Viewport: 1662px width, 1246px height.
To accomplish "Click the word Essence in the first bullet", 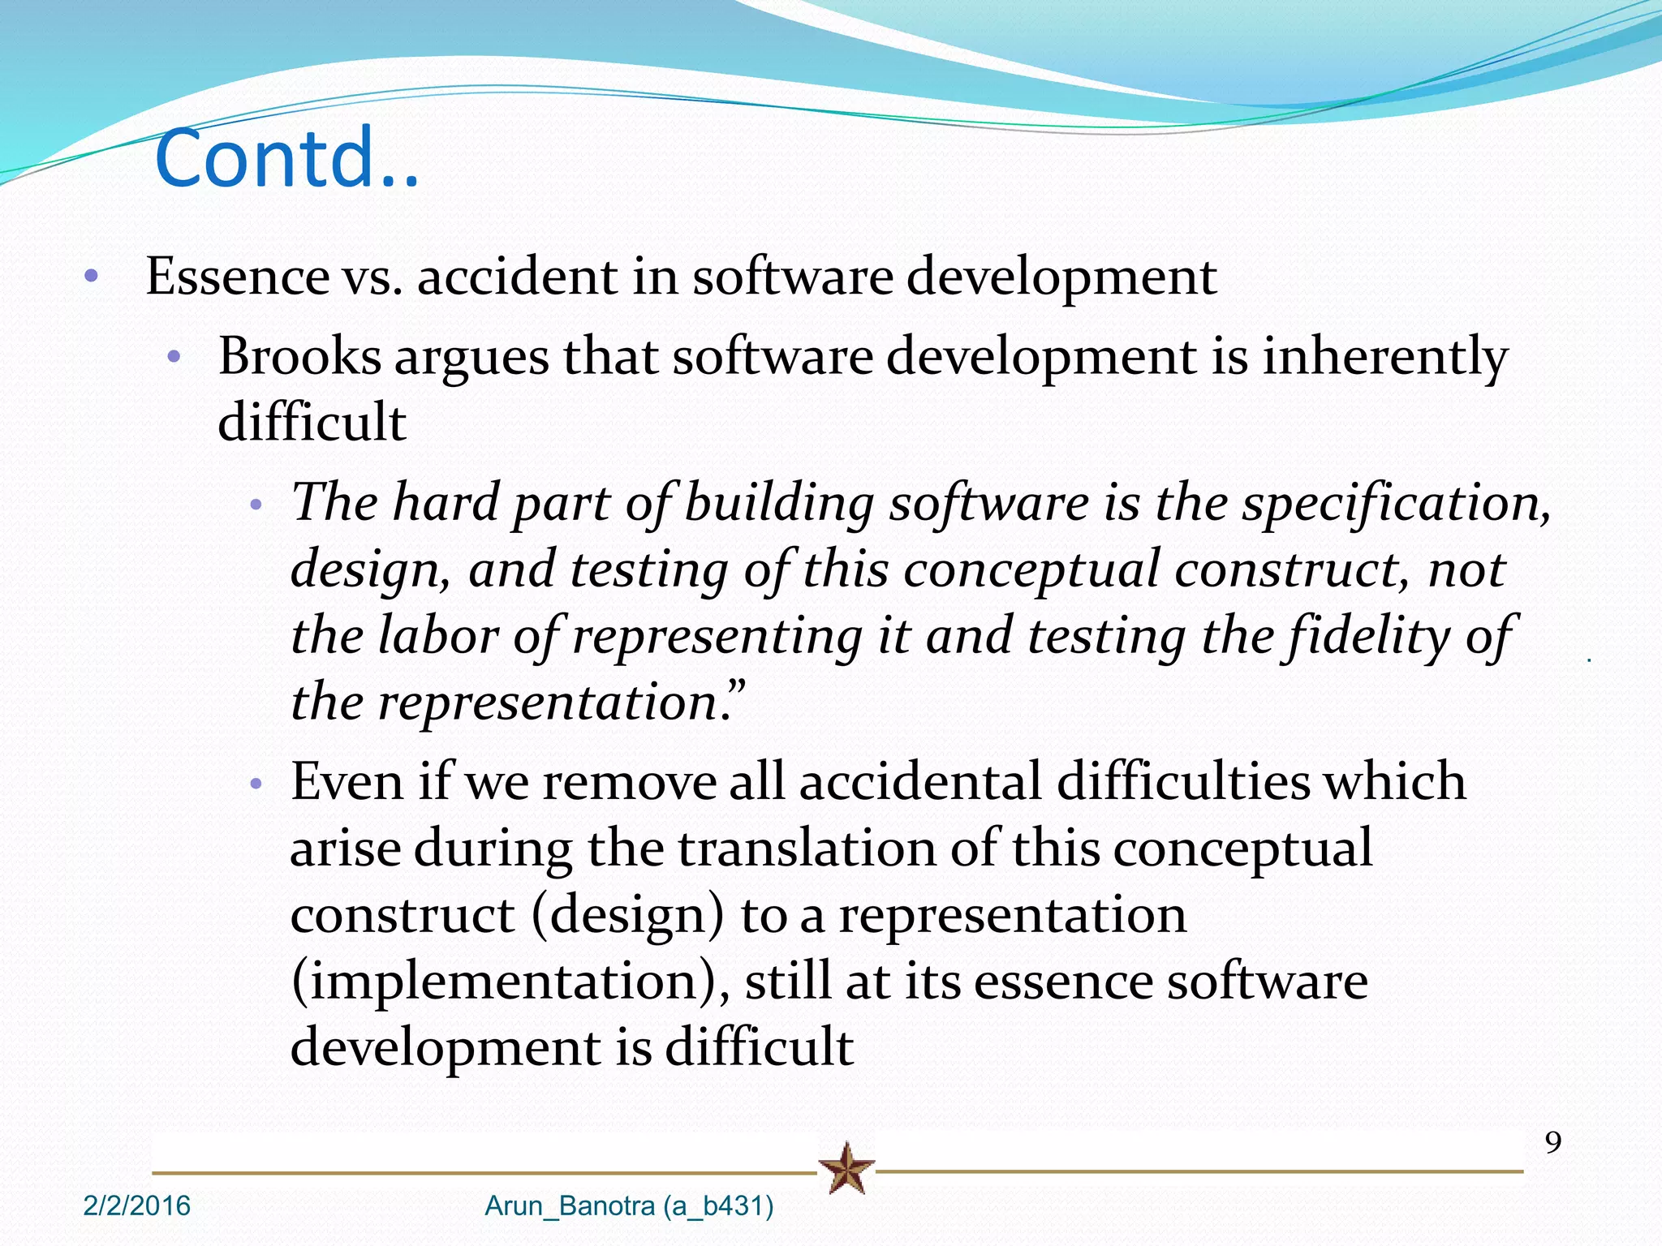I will (237, 277).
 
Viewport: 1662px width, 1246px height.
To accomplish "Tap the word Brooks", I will (299, 356).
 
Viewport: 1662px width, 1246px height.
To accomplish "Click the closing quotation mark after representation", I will (735, 690).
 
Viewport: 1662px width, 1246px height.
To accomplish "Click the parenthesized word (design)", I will (627, 915).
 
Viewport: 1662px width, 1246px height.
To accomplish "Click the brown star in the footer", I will (846, 1168).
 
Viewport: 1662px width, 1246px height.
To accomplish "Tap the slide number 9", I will (1552, 1142).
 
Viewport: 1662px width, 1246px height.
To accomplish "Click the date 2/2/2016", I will (136, 1205).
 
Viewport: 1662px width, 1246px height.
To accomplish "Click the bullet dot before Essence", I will (91, 277).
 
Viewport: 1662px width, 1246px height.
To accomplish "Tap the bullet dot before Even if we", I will (256, 784).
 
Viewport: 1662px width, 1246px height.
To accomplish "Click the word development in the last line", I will (445, 1047).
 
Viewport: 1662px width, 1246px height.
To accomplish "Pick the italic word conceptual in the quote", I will (1031, 569).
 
